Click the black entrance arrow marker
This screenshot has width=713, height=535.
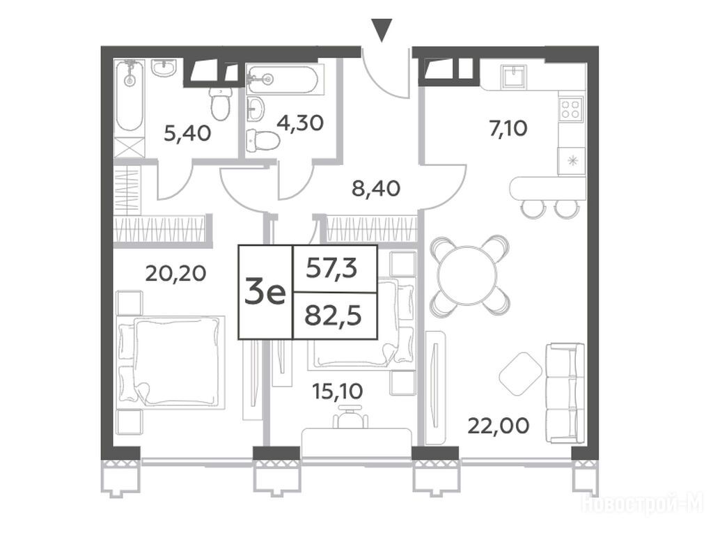click(382, 31)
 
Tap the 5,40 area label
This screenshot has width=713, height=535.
click(187, 133)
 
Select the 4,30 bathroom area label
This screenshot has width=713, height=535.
click(299, 123)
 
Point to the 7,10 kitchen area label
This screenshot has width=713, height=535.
click(508, 128)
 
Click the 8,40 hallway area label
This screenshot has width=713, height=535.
click(376, 188)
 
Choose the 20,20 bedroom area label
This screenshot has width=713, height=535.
click(175, 273)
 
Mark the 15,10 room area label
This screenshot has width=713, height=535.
click(338, 390)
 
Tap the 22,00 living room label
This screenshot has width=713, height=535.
click(499, 426)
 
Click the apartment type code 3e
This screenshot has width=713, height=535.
click(265, 293)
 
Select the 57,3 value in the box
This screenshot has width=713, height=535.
click(331, 268)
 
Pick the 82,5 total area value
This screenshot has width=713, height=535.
click(333, 316)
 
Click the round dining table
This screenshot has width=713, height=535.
click(467, 275)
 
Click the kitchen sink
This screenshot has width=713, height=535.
click(514, 75)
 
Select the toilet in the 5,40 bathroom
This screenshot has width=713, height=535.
click(221, 104)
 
